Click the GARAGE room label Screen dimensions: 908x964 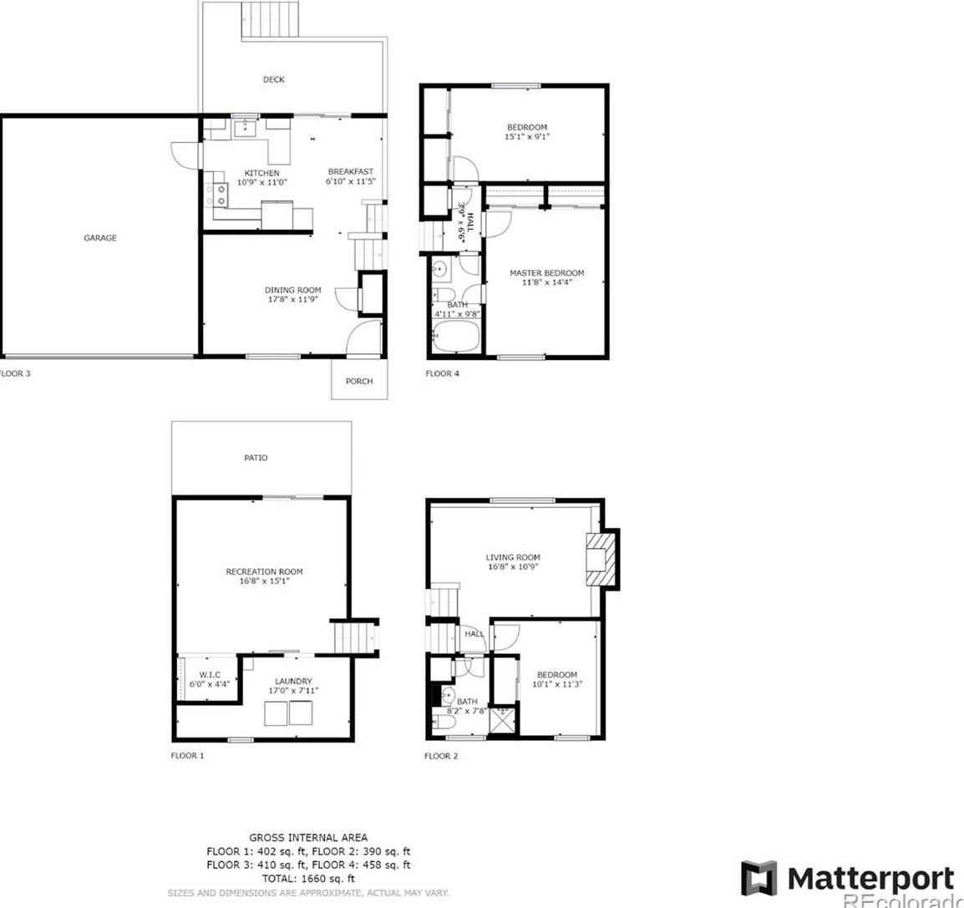point(99,238)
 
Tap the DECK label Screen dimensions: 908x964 point(274,79)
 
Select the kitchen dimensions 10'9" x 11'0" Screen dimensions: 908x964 point(261,182)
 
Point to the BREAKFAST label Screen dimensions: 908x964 point(350,171)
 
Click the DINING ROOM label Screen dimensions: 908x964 point(292,291)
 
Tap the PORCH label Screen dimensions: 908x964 point(359,382)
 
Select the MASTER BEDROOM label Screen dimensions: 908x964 point(546,273)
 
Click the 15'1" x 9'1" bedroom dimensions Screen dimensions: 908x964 point(527,137)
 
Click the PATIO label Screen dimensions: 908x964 point(256,458)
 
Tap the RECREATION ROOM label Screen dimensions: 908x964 point(264,571)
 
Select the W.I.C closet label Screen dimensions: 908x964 point(210,674)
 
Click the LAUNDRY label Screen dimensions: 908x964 point(293,681)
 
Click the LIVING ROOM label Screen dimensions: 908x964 point(513,557)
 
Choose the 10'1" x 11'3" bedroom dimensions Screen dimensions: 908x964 point(557,684)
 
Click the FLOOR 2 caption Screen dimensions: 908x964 point(441,756)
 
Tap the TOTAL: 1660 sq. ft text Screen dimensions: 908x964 point(308,879)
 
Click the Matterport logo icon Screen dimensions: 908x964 point(759,879)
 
